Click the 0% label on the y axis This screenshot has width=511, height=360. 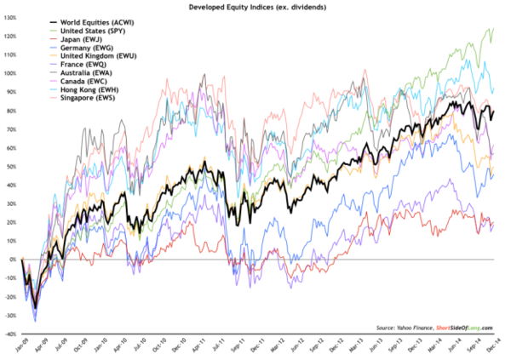point(13,260)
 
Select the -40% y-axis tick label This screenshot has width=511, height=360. point(11,334)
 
